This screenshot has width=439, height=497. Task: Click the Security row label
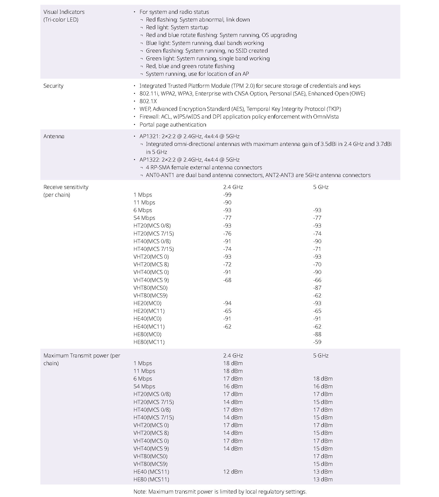pyautogui.click(x=53, y=86)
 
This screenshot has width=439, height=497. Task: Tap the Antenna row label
pyautogui.click(x=54, y=136)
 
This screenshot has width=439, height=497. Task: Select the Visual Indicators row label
pyautogui.click(x=64, y=12)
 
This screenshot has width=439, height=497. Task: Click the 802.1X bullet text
pyautogui.click(x=148, y=101)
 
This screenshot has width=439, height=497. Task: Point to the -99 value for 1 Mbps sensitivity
pyautogui.click(x=227, y=195)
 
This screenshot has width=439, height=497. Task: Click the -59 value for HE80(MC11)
pyautogui.click(x=317, y=342)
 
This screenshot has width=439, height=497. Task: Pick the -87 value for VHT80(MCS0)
pyautogui.click(x=317, y=288)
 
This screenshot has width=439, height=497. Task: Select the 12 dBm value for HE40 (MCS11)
pyautogui.click(x=233, y=472)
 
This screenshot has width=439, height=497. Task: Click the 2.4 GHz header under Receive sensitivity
pyautogui.click(x=233, y=187)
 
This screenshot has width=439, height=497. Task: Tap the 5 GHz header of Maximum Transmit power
pyautogui.click(x=321, y=356)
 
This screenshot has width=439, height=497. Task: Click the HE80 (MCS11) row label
pyautogui.click(x=151, y=479)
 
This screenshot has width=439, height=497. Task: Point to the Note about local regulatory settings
pyautogui.click(x=220, y=492)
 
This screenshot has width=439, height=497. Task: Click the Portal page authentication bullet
pyautogui.click(x=173, y=125)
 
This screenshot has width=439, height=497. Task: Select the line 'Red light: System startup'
pyautogui.click(x=177, y=27)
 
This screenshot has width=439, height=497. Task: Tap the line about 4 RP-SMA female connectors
pyautogui.click(x=204, y=167)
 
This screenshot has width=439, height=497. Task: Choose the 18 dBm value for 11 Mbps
pyautogui.click(x=233, y=371)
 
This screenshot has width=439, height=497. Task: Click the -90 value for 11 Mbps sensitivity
pyautogui.click(x=227, y=203)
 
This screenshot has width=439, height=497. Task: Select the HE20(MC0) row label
pyautogui.click(x=147, y=303)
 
